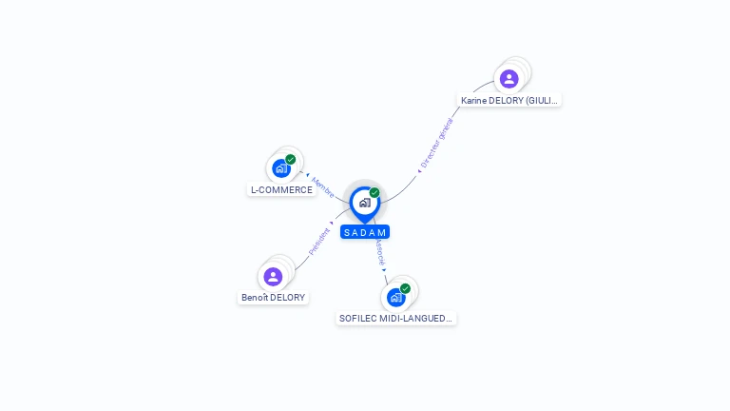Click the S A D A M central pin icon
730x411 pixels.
[364, 203]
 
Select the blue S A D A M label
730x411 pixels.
[365, 232]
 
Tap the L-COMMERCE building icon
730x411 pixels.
[280, 168]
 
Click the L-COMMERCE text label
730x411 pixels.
[281, 190]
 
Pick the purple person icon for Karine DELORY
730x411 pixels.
[509, 78]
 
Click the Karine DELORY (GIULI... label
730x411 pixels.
[509, 100]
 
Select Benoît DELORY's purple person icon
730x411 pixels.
[273, 277]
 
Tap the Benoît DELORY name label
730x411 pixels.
[274, 298]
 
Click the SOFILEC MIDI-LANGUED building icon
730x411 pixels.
[395, 297]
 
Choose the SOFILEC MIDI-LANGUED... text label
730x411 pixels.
[396, 319]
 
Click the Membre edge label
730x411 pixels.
[322, 187]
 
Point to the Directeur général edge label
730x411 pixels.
[436, 144]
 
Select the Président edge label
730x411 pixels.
[319, 241]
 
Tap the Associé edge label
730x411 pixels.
[379, 251]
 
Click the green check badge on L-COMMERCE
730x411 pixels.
[290, 160]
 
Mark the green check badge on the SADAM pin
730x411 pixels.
[375, 193]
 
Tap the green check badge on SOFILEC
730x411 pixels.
[405, 288]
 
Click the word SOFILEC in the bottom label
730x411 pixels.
[358, 319]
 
